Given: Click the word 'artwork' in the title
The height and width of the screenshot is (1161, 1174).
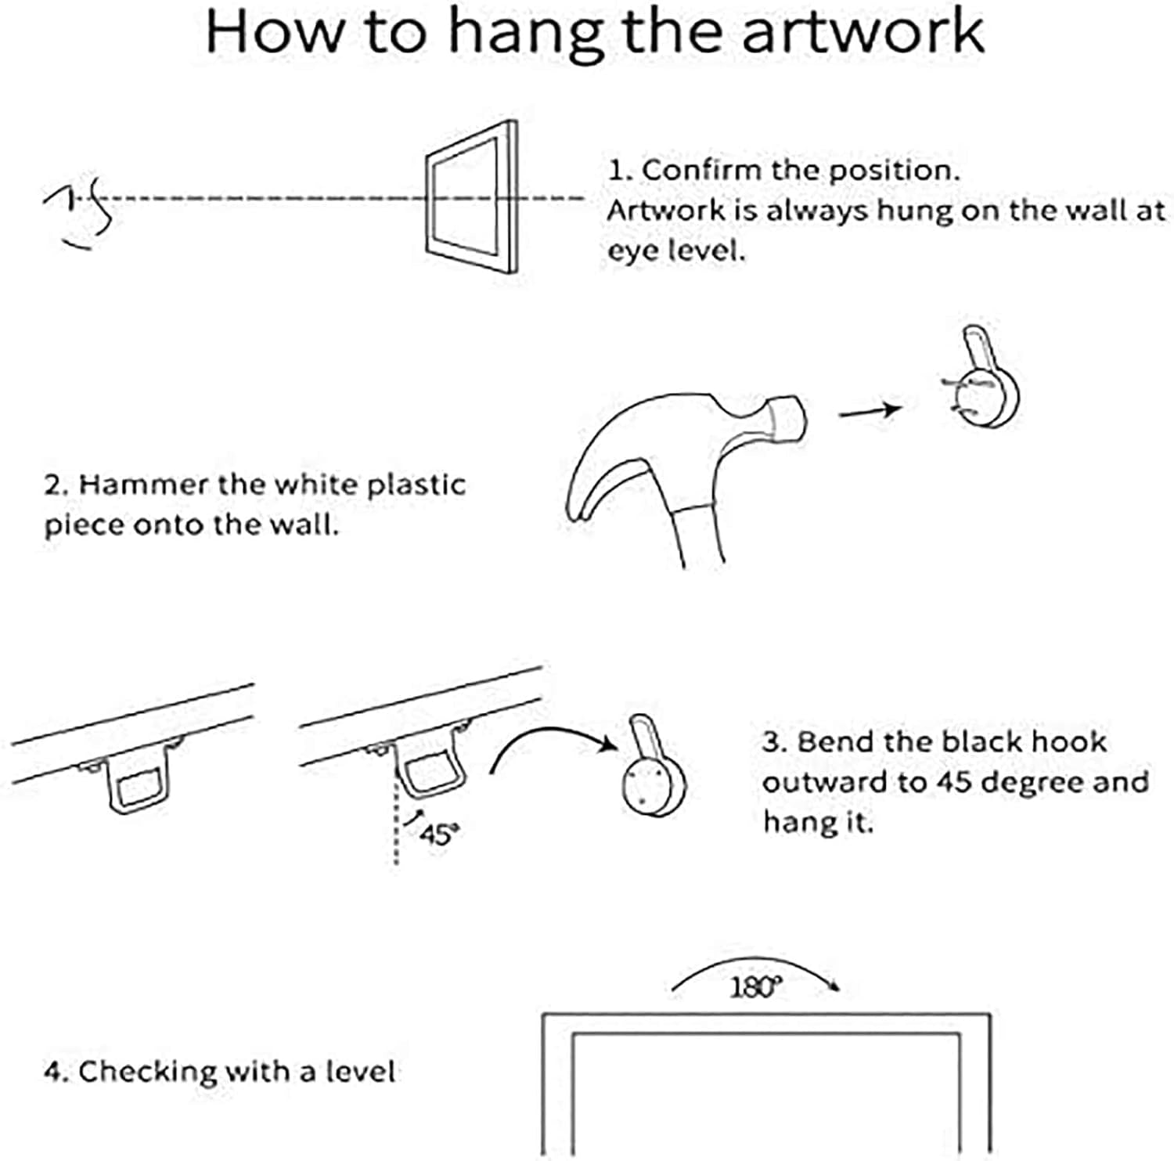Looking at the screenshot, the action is pyautogui.click(x=862, y=33).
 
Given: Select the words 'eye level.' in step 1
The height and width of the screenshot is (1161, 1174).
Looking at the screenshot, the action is pyautogui.click(x=676, y=251).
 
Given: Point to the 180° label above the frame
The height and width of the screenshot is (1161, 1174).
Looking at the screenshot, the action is pyautogui.click(x=755, y=987).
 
